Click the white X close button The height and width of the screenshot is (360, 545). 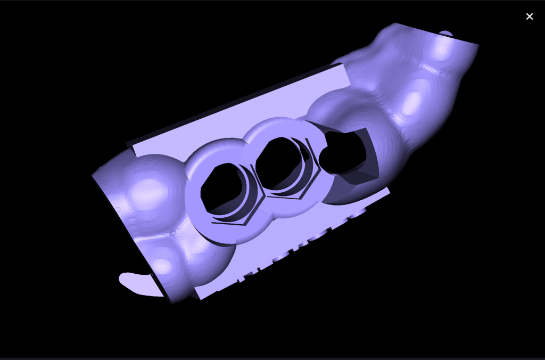(529, 17)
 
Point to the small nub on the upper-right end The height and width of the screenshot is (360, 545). (446, 34)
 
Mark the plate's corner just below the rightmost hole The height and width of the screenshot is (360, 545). (389, 190)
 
